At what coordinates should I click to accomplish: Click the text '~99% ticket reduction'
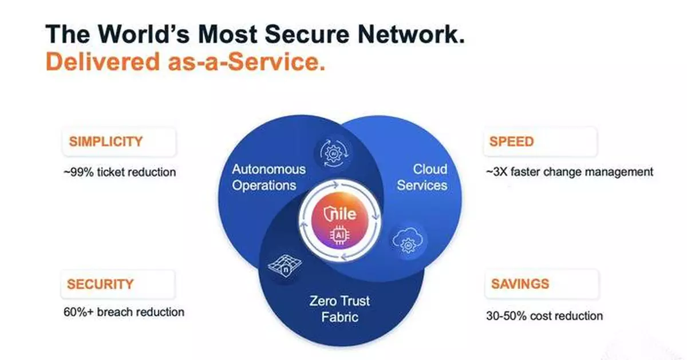point(120,172)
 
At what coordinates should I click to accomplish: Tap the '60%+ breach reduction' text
point(124,312)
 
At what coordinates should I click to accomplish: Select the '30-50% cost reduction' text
point(543,315)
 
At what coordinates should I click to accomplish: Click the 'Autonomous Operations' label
point(269,177)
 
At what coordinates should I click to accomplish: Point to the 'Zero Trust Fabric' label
point(340,308)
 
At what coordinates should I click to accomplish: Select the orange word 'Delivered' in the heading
point(97,62)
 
